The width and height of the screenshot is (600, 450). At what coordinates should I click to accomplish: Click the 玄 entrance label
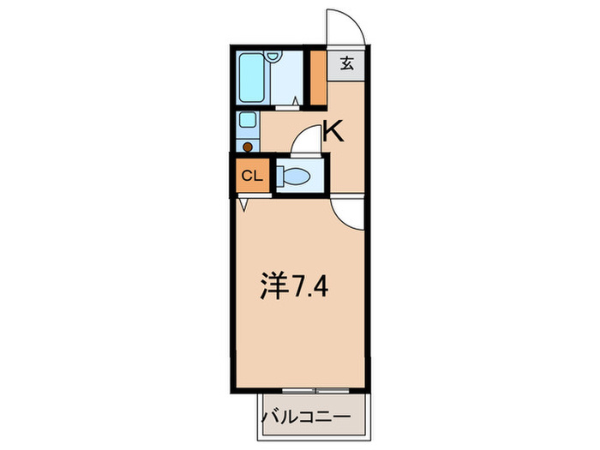346,63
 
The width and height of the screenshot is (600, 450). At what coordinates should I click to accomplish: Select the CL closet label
250,176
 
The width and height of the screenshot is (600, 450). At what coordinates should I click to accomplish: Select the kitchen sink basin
248,121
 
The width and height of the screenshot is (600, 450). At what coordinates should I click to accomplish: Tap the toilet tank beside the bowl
280,176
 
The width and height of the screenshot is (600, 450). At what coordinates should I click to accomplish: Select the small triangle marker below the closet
243,204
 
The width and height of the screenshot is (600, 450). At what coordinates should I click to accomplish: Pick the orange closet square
250,176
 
